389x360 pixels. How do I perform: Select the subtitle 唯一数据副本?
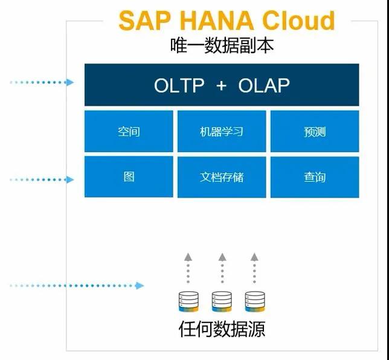click(222, 45)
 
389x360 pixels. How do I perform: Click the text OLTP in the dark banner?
click(179, 85)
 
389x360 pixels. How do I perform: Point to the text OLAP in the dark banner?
click(264, 85)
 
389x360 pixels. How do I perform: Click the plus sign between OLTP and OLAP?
click(221, 85)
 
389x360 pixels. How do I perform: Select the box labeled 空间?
click(129, 131)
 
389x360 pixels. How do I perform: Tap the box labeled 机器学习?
click(222, 131)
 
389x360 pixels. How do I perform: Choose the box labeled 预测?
click(315, 131)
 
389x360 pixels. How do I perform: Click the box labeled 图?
click(129, 177)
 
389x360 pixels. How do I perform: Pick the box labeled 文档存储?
click(222, 177)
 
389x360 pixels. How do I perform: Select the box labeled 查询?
click(315, 177)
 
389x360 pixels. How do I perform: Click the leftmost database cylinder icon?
click(188, 301)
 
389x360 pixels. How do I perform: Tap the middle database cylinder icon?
click(222, 301)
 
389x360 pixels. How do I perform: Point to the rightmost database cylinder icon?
click(254, 301)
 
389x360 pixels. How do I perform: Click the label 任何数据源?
click(222, 330)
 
